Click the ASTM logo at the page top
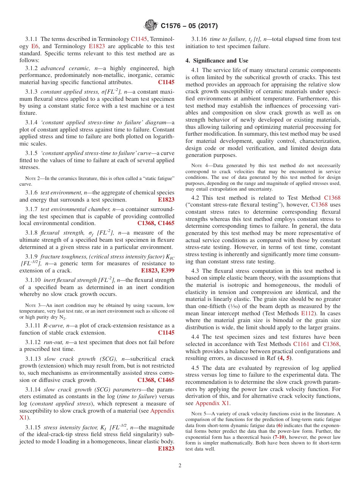tap(151, 26)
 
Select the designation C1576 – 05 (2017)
tap(189, 26)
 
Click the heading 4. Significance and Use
tap(217, 61)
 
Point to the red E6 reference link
tap(35, 46)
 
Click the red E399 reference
tap(168, 271)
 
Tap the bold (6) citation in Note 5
tap(280, 426)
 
